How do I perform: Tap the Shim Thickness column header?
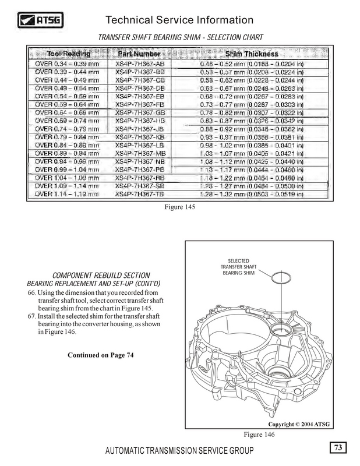point(250,54)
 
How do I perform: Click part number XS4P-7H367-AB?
point(140,63)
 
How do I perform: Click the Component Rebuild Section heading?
point(103,275)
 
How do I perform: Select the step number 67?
point(32,316)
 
